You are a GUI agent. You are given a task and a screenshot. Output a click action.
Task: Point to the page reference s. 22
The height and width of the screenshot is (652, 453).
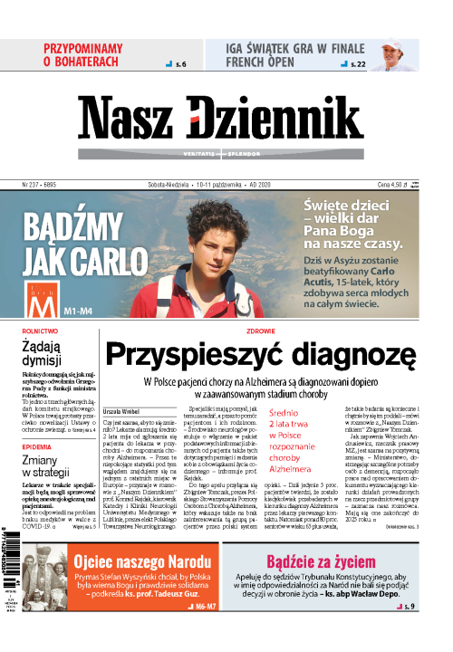358,65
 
